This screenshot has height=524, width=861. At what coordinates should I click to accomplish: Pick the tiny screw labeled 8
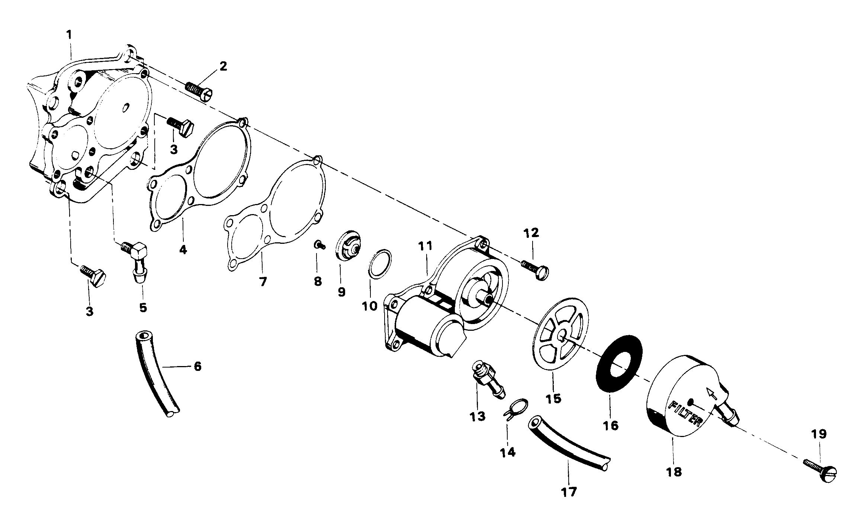(x=319, y=245)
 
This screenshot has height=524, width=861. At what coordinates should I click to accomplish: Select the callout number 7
(x=263, y=281)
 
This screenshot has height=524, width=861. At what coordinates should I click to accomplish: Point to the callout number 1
(x=69, y=35)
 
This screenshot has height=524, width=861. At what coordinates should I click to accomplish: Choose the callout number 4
(x=183, y=249)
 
